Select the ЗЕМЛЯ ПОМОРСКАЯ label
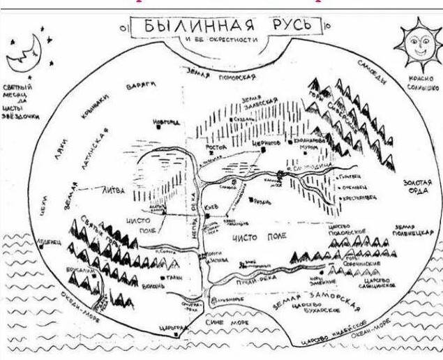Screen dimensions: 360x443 coord(220,71)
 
